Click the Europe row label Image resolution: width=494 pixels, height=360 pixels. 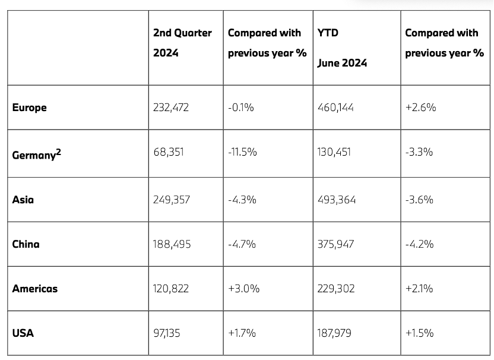29,108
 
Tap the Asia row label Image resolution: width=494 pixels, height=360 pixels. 23,199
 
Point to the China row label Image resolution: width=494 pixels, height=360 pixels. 26,244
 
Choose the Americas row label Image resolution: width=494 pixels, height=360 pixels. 35,288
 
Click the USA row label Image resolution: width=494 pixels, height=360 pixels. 23,333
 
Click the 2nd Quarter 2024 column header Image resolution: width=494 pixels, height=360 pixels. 182,42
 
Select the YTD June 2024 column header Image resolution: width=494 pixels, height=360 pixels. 342,48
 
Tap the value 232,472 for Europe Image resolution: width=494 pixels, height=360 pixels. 171,108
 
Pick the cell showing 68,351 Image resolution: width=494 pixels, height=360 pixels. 169,152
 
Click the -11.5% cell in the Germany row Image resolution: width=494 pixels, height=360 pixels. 242,152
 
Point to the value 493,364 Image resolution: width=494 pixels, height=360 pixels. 337,199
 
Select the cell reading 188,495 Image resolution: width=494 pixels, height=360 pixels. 172,244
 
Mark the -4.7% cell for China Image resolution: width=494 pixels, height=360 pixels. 242,244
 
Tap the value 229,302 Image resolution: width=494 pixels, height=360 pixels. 337,288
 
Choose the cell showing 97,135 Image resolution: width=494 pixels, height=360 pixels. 167,333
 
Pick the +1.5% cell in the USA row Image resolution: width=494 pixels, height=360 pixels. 419,333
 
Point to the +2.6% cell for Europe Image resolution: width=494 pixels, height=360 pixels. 420,108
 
